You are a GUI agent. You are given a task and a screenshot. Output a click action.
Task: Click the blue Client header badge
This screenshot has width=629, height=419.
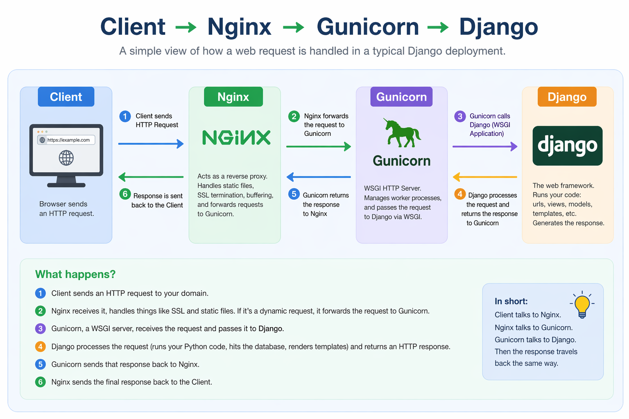click(x=66, y=97)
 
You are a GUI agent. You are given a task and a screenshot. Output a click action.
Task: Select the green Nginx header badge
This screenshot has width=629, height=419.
click(x=233, y=97)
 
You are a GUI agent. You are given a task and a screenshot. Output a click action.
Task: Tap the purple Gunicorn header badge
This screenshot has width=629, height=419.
click(x=401, y=97)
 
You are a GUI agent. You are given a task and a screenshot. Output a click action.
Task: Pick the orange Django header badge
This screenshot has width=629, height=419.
click(x=567, y=97)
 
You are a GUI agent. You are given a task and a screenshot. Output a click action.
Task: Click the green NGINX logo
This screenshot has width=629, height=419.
click(x=236, y=138)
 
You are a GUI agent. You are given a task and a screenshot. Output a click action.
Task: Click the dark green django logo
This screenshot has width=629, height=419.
click(x=567, y=146)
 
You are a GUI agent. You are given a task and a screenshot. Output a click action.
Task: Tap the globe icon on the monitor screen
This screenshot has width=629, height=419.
click(x=66, y=158)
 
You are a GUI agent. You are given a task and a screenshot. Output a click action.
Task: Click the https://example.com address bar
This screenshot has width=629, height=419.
click(x=66, y=140)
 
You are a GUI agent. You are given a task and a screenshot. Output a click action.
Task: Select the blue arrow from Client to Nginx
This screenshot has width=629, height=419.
click(x=151, y=144)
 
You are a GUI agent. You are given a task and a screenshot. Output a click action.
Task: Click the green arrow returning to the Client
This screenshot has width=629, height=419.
click(x=151, y=177)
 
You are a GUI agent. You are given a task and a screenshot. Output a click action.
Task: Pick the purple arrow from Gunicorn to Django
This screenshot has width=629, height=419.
click(x=485, y=146)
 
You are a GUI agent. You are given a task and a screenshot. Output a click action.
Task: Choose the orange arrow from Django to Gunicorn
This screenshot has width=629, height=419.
click(x=485, y=177)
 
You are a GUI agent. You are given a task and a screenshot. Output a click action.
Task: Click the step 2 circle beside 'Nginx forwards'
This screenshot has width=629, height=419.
click(x=294, y=117)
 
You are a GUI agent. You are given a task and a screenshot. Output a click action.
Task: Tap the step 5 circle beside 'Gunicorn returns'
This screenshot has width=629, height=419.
click(x=294, y=194)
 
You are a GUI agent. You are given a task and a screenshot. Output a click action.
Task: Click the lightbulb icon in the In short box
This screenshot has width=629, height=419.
click(x=582, y=306)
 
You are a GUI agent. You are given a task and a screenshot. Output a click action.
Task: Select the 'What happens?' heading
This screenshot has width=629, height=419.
click(x=75, y=274)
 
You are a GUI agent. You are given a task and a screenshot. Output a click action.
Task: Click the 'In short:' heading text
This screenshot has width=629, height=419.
click(x=511, y=302)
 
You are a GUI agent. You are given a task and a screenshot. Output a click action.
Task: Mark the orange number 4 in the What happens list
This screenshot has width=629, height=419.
click(x=40, y=347)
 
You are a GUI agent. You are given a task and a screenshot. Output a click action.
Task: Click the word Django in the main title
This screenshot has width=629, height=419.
click(x=498, y=27)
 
